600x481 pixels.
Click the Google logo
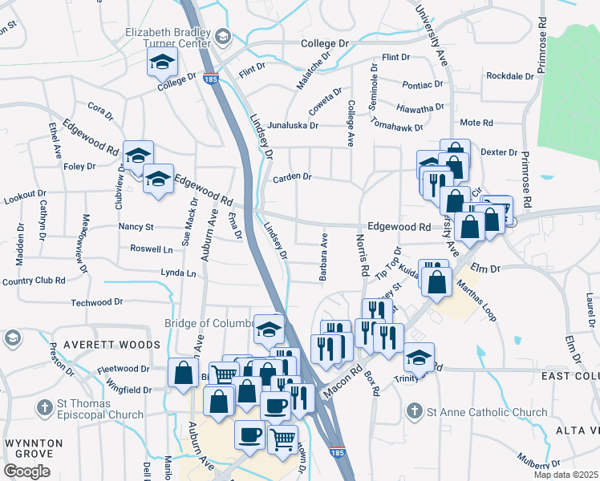pos(27,471)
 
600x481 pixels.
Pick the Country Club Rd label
pos(33,281)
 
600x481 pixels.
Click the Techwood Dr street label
pos(96,302)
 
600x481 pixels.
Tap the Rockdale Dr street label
pos(510,76)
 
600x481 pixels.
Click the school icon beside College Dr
pos(162,62)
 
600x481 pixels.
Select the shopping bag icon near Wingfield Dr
pos(184,374)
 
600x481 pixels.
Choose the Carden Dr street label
pos(292,178)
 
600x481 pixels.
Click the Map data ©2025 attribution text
pos(566,475)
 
